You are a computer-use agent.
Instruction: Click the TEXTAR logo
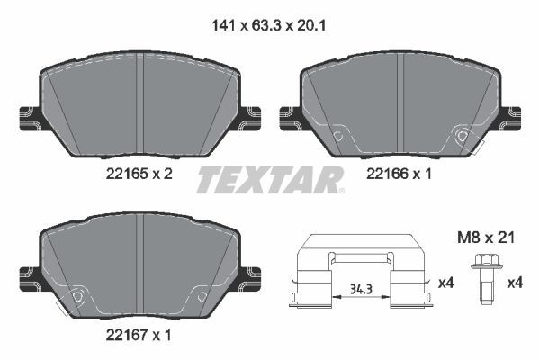pyautogui.click(x=269, y=180)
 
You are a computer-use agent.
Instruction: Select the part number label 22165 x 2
pyautogui.click(x=137, y=175)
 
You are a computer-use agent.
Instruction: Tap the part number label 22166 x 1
pyautogui.click(x=398, y=175)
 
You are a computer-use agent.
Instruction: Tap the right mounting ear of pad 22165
pyautogui.click(x=250, y=115)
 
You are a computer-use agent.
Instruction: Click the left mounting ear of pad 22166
pyautogui.click(x=290, y=115)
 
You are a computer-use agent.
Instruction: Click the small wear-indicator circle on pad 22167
pyautogui.click(x=79, y=297)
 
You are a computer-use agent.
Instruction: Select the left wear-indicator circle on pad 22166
pyautogui.click(x=338, y=137)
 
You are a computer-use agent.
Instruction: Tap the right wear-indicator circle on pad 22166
pyautogui.click(x=463, y=137)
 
